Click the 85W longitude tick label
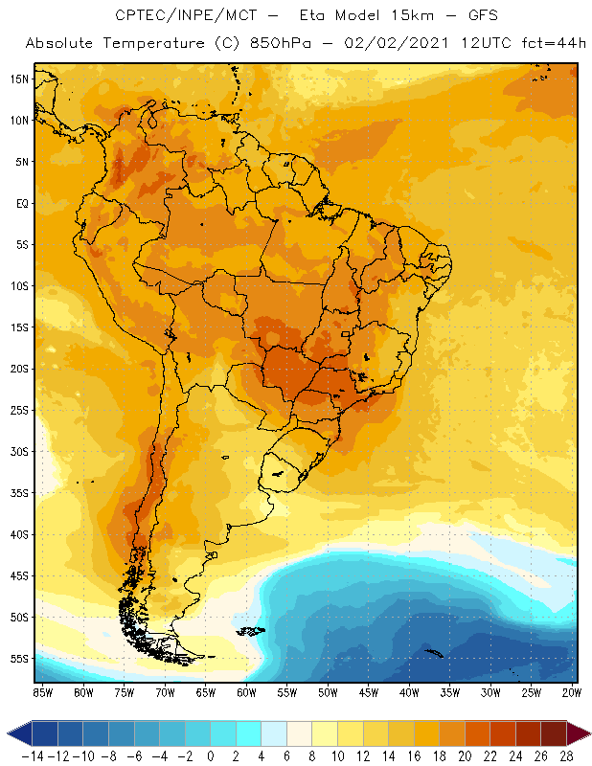(43, 691)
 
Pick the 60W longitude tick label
(246, 691)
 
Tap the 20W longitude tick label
(572, 691)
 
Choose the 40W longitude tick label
(409, 691)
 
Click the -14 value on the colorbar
(32, 756)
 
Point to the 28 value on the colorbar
(566, 756)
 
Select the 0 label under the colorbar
(210, 756)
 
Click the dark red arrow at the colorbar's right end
(578, 734)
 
